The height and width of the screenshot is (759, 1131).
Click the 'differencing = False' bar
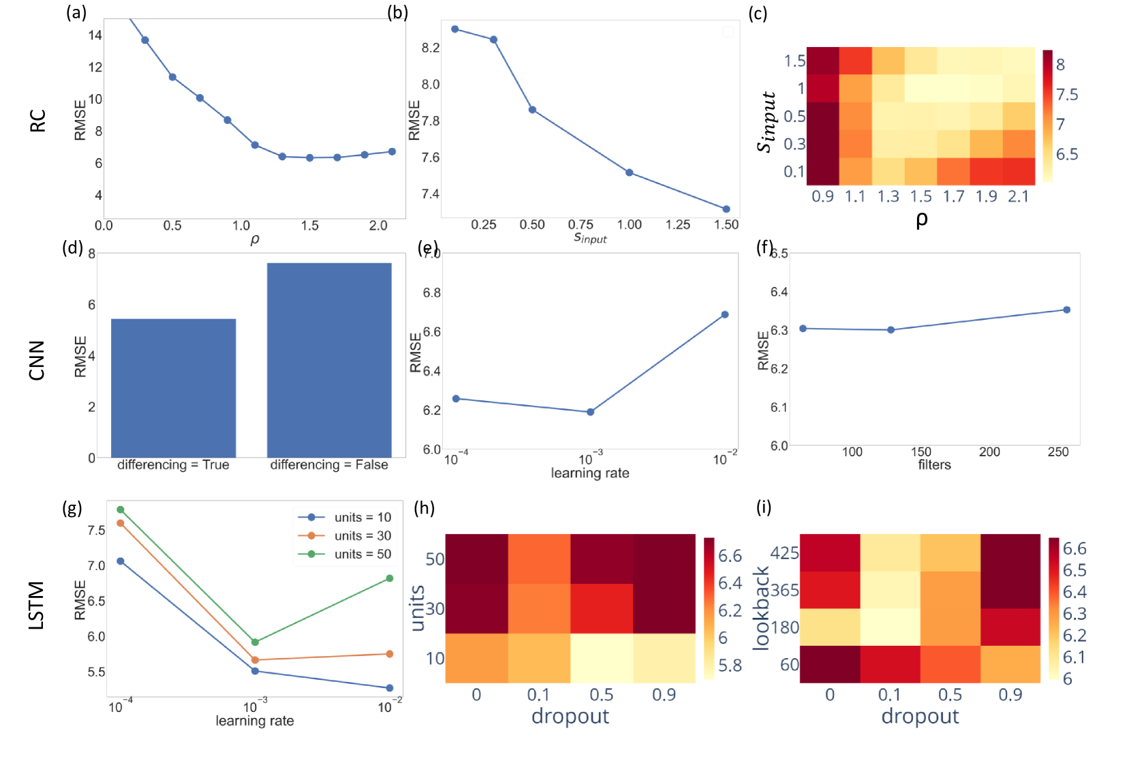(329, 360)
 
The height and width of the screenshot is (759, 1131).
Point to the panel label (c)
(758, 14)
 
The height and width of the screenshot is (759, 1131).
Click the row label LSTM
(37, 605)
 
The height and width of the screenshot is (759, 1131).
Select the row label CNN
(37, 360)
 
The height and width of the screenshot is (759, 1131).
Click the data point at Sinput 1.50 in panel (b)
(726, 209)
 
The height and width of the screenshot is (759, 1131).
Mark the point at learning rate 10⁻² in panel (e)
(725, 314)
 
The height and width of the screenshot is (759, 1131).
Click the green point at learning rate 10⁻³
(255, 642)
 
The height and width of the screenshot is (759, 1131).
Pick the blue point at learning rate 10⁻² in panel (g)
(390, 688)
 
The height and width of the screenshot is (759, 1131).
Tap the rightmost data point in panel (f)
(1067, 310)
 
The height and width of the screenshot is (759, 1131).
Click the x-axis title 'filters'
(934, 465)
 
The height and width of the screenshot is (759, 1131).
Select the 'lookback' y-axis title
(761, 608)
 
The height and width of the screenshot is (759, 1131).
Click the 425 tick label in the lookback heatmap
(784, 552)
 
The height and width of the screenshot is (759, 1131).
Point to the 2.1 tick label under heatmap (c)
(1018, 196)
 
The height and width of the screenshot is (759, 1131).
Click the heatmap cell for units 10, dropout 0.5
(602, 658)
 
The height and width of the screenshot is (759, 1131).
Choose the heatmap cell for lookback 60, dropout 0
(830, 664)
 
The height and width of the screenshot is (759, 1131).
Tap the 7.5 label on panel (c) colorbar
(1067, 94)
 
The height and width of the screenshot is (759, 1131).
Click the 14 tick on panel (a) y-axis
(95, 35)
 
